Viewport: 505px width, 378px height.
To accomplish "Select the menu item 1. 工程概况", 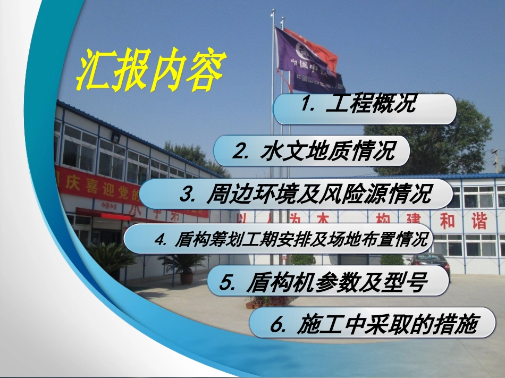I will [365, 108].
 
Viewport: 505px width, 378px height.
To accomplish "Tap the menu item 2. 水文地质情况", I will [313, 150].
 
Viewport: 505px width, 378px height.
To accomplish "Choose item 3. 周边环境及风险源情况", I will [296, 194].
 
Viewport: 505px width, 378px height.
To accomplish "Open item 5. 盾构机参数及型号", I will [328, 281].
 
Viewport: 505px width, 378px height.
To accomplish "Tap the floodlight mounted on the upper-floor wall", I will [115, 138].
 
